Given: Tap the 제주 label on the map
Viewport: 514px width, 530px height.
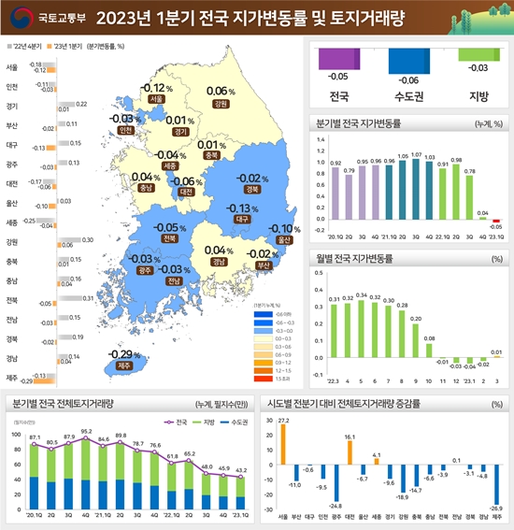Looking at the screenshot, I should pos(123,366).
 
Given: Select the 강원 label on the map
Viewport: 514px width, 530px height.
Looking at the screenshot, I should pos(221,104).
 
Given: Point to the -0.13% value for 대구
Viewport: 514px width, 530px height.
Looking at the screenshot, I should pos(242,208).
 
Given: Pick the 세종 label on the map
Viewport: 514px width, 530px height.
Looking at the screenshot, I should pos(169,165).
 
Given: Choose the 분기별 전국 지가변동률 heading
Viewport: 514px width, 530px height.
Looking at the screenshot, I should pos(360,122).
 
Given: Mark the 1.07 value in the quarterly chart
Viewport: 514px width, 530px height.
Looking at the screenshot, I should pos(417,154).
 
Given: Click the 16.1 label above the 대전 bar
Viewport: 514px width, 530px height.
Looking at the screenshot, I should pos(350,437).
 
